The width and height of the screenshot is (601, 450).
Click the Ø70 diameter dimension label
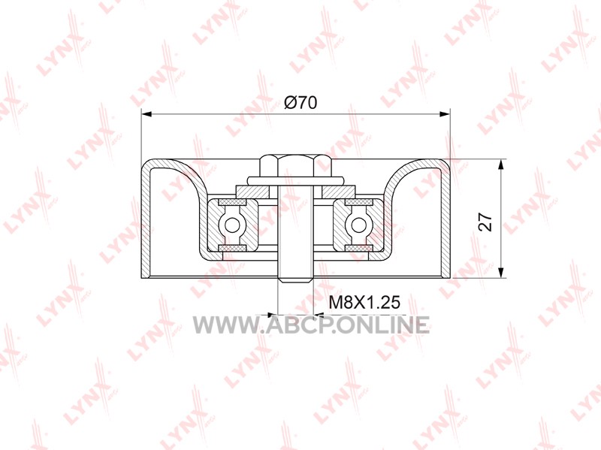point(300,102)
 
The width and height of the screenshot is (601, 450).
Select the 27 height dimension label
point(485,222)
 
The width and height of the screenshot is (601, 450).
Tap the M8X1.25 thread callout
point(364,302)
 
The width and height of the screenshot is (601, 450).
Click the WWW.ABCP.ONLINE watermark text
point(311,325)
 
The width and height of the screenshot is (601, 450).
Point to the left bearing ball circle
point(232,225)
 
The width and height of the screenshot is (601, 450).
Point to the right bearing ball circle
point(359,225)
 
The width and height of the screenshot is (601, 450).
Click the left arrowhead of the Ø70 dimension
point(147,114)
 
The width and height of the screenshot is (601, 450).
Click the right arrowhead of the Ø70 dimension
point(444,114)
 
